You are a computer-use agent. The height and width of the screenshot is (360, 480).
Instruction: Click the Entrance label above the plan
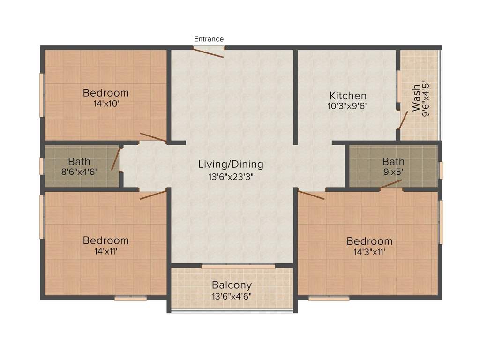coord(209,39)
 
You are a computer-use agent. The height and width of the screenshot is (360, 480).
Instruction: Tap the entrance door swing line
coord(208,52)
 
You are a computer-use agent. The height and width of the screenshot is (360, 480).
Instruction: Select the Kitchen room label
coord(348,96)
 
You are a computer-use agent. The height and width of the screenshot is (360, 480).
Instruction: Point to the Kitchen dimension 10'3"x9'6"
coord(347,106)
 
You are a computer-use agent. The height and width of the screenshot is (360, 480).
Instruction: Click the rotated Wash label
coord(416,98)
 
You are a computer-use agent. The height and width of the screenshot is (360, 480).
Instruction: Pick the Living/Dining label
coord(231,165)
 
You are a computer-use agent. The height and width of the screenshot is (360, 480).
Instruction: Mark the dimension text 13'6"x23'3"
coord(231,177)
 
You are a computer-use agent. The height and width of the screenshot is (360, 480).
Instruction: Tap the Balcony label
coord(232,285)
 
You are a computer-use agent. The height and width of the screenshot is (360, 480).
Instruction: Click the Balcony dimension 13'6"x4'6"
coord(232,296)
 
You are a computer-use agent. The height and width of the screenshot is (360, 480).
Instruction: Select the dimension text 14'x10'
coord(106,104)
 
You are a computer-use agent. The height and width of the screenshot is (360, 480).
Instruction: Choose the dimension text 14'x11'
coord(106,251)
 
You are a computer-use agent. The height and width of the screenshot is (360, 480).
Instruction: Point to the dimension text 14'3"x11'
coord(369,252)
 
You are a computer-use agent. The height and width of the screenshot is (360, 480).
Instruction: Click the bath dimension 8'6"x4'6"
coord(80,172)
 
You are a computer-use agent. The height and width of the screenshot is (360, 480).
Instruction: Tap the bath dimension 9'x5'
coord(393,172)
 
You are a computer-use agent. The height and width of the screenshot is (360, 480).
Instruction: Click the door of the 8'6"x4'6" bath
coord(115,159)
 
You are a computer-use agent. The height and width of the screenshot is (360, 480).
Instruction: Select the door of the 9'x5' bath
coord(390,185)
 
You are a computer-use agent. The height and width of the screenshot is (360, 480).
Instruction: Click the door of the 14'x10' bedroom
coord(153,137)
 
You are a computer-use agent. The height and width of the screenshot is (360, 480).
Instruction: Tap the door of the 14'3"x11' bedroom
coord(311,195)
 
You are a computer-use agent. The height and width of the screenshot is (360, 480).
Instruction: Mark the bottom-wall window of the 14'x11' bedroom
coord(131,299)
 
